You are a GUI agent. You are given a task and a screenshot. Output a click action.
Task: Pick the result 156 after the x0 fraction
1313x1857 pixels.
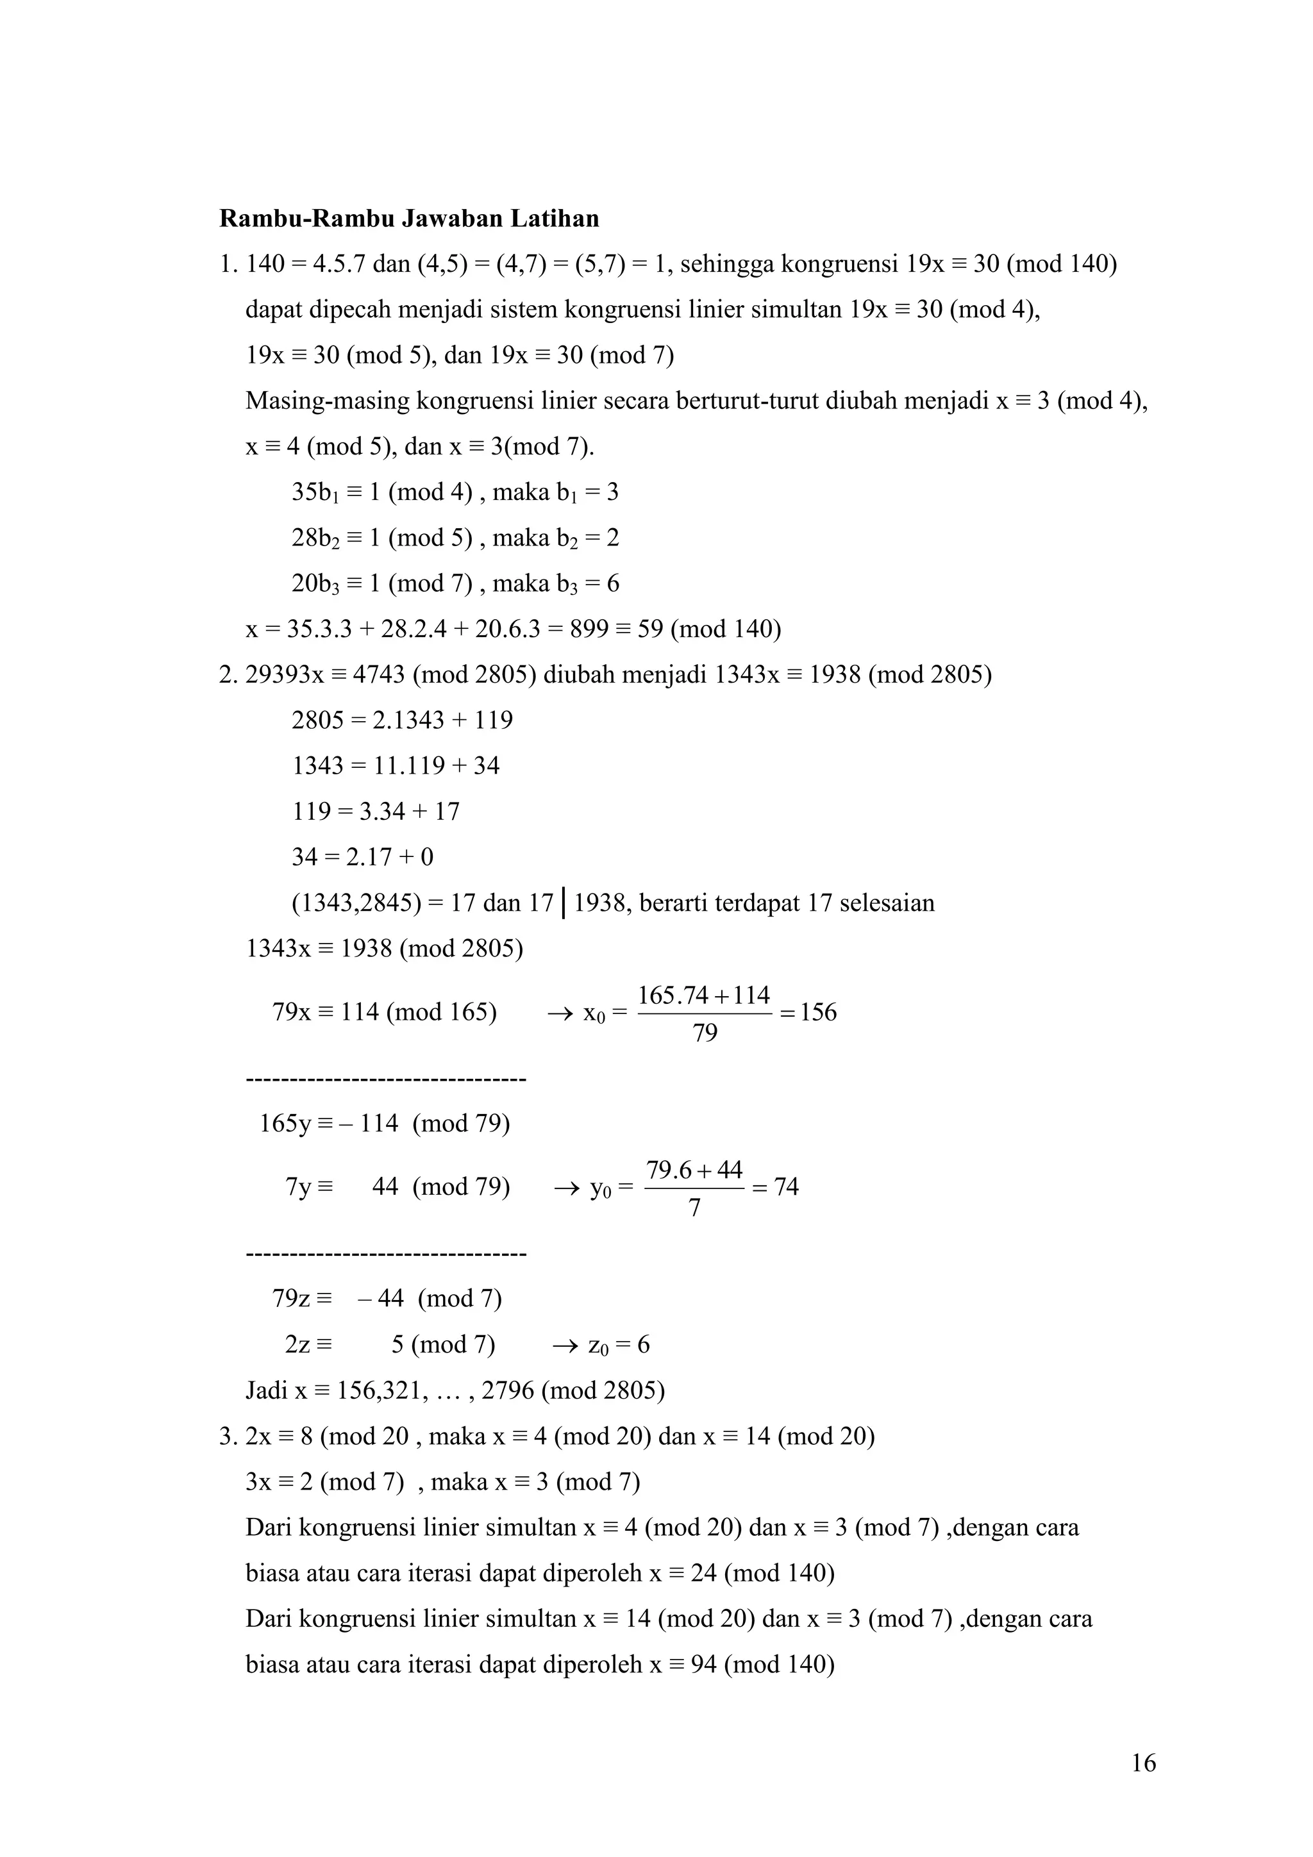point(818,1013)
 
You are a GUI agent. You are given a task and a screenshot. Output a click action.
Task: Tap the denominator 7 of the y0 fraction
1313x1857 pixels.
point(694,1208)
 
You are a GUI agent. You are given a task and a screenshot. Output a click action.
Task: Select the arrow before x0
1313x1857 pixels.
point(560,1013)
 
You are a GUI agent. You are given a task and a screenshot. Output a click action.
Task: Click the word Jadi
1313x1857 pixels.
point(266,1391)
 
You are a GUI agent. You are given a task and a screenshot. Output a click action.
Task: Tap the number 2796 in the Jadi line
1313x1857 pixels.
point(507,1391)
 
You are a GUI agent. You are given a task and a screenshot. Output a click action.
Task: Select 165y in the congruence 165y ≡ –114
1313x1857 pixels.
point(285,1124)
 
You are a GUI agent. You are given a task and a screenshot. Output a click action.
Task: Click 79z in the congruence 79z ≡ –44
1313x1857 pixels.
point(291,1299)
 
